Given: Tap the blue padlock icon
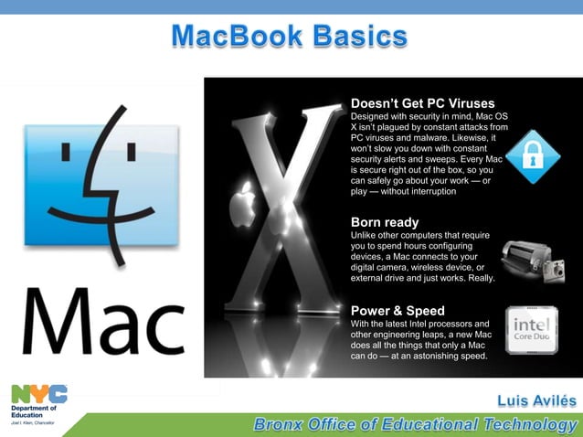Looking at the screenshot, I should click(528, 156).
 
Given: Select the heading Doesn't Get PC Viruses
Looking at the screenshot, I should click(422, 102).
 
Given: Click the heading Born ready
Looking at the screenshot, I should click(385, 222).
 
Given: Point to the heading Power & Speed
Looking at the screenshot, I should click(397, 311).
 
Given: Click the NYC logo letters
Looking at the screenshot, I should click(38, 393).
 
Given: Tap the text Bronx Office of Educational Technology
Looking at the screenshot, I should click(416, 424).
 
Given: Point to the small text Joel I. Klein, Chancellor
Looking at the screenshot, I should click(33, 424).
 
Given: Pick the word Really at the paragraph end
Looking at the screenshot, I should click(479, 278).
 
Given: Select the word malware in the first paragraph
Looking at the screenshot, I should click(443, 137).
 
